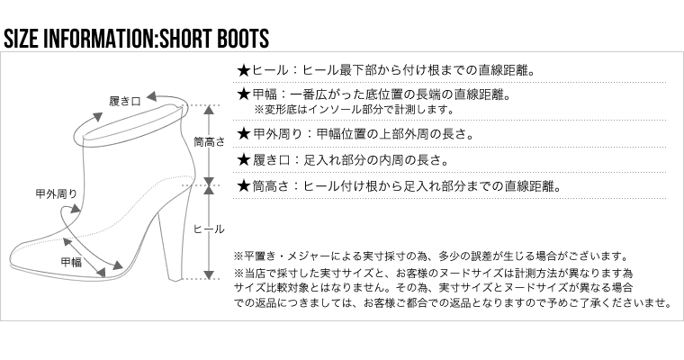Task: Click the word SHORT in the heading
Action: tap(189, 39)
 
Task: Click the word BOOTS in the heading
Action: tap(241, 39)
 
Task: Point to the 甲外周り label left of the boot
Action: tap(55, 193)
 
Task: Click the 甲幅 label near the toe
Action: tap(71, 262)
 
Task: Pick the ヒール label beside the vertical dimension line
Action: tap(209, 229)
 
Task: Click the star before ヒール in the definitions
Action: tap(242, 69)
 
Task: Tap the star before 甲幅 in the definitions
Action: tap(242, 94)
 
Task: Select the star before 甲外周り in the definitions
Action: tap(242, 135)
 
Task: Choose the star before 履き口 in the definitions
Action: tap(242, 161)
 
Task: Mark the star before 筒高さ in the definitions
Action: tap(242, 186)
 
